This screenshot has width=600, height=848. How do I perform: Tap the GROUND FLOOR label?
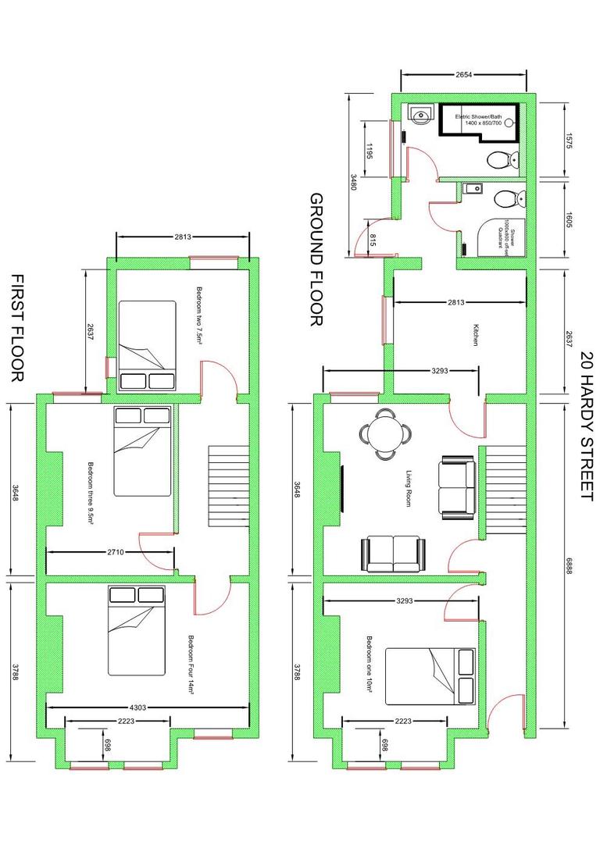[317, 260]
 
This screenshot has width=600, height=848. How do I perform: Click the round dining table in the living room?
[384, 433]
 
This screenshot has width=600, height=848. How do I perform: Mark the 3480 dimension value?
[353, 183]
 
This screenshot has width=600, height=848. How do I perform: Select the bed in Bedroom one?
[430, 675]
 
